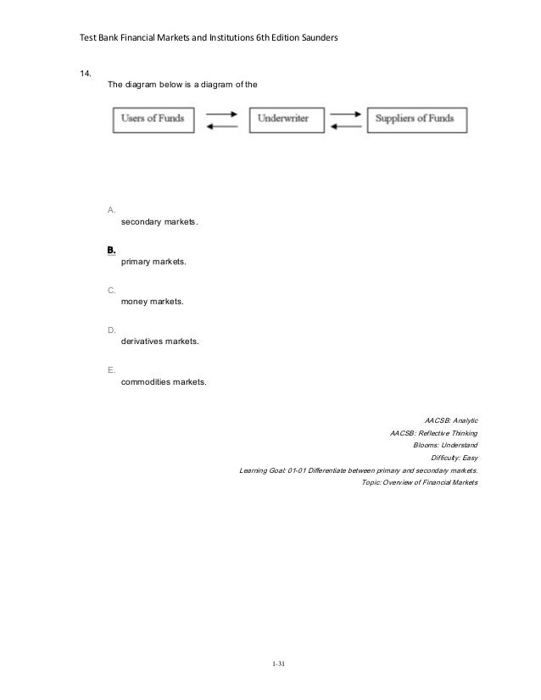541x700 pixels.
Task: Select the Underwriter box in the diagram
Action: (x=285, y=119)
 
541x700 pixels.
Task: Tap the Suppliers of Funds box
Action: (x=416, y=119)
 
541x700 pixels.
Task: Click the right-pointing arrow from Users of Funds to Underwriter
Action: (x=221, y=114)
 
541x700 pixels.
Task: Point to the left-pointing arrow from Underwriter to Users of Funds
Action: (x=221, y=126)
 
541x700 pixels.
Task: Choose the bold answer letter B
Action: (x=111, y=250)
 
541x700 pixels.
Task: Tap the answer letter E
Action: (x=111, y=370)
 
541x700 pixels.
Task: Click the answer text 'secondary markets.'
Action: (x=159, y=222)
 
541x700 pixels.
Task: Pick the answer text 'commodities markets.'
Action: (x=163, y=382)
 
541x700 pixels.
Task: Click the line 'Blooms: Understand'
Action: (x=445, y=445)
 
